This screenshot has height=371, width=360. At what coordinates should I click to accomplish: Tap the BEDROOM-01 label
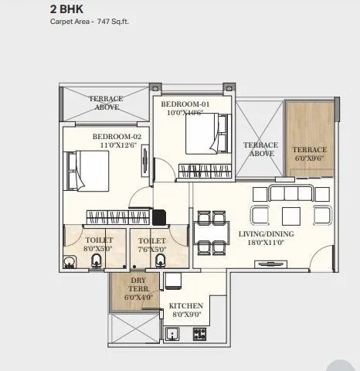pyautogui.click(x=185, y=103)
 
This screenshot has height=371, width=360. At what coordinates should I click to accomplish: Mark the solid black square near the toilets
pyautogui.click(x=160, y=217)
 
